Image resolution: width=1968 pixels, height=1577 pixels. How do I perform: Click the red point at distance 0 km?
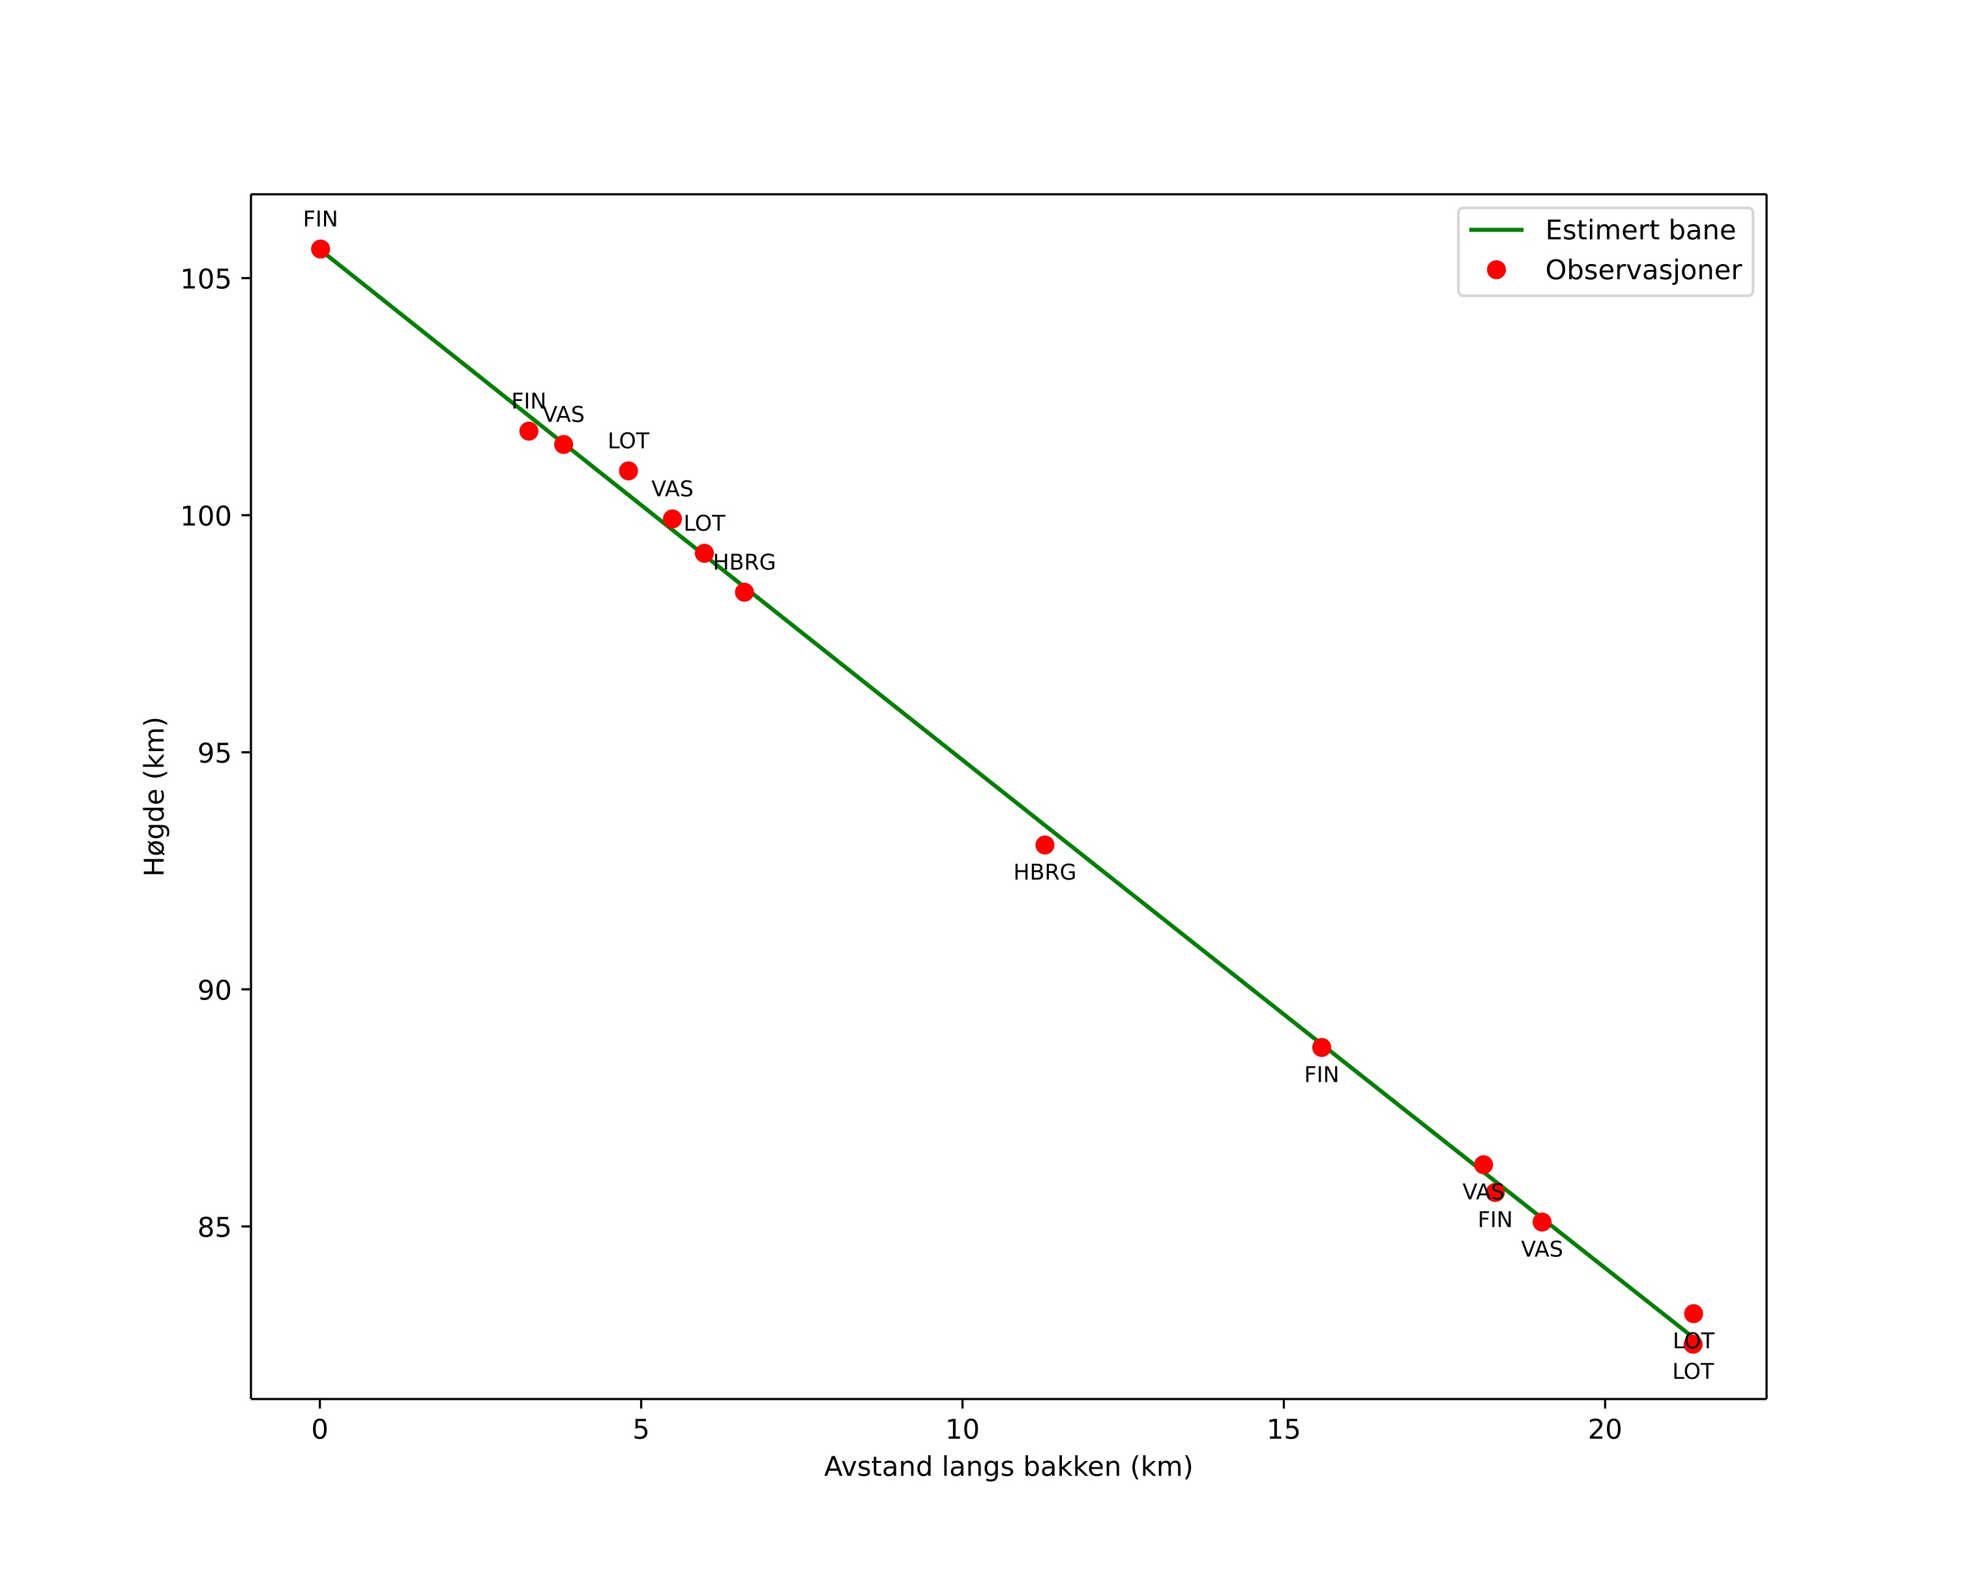pos(320,249)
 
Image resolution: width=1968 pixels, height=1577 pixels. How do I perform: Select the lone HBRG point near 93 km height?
pos(1045,845)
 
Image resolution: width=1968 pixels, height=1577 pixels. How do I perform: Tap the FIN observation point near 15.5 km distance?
pos(1322,1047)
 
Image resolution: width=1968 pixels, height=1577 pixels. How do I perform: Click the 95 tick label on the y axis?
pos(214,753)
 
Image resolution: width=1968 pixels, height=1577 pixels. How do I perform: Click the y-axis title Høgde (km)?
pos(155,796)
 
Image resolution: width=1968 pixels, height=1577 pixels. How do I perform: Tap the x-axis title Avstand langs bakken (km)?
pos(1008,1467)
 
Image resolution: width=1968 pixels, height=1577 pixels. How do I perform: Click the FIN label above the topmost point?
pos(320,219)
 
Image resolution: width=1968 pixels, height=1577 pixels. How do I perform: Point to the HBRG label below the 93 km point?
pos(1044,872)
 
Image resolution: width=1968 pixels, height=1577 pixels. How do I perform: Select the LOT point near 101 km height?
pos(628,471)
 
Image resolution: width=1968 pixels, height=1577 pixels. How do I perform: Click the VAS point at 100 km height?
pos(672,518)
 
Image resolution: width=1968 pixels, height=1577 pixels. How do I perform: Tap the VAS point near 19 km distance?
pos(1542,1221)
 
